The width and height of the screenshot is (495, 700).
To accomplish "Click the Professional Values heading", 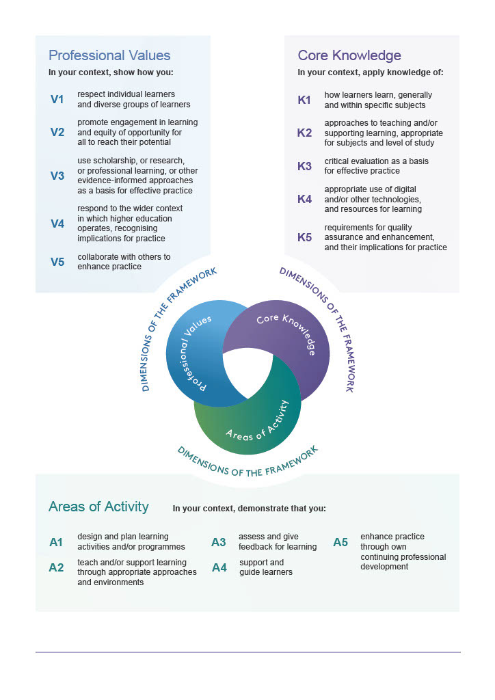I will pos(109,55).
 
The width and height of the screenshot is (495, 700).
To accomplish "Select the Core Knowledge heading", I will pos(349,55).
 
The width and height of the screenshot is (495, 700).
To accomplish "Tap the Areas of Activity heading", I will pos(98,507).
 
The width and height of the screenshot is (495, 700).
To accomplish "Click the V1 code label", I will pos(57,100).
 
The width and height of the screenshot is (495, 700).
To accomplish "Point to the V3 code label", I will pos(57,176).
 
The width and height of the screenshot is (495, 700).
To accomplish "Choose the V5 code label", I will pos(57,261).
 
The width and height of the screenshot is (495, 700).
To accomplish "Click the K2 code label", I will pos(304,133).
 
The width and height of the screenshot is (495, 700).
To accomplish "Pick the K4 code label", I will pos(304,199).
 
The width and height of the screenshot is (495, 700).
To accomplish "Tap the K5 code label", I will pos(304,237).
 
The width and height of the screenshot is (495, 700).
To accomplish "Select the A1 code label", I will pos(56,542).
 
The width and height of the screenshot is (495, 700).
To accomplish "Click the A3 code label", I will pos(218,542).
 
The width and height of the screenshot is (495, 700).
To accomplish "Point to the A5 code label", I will pos(340,542).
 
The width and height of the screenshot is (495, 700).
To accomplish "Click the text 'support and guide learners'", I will pos(266,567).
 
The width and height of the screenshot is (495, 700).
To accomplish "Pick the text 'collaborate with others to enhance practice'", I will pos(124,261).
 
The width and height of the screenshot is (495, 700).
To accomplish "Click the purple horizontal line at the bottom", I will pos(247,652).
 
